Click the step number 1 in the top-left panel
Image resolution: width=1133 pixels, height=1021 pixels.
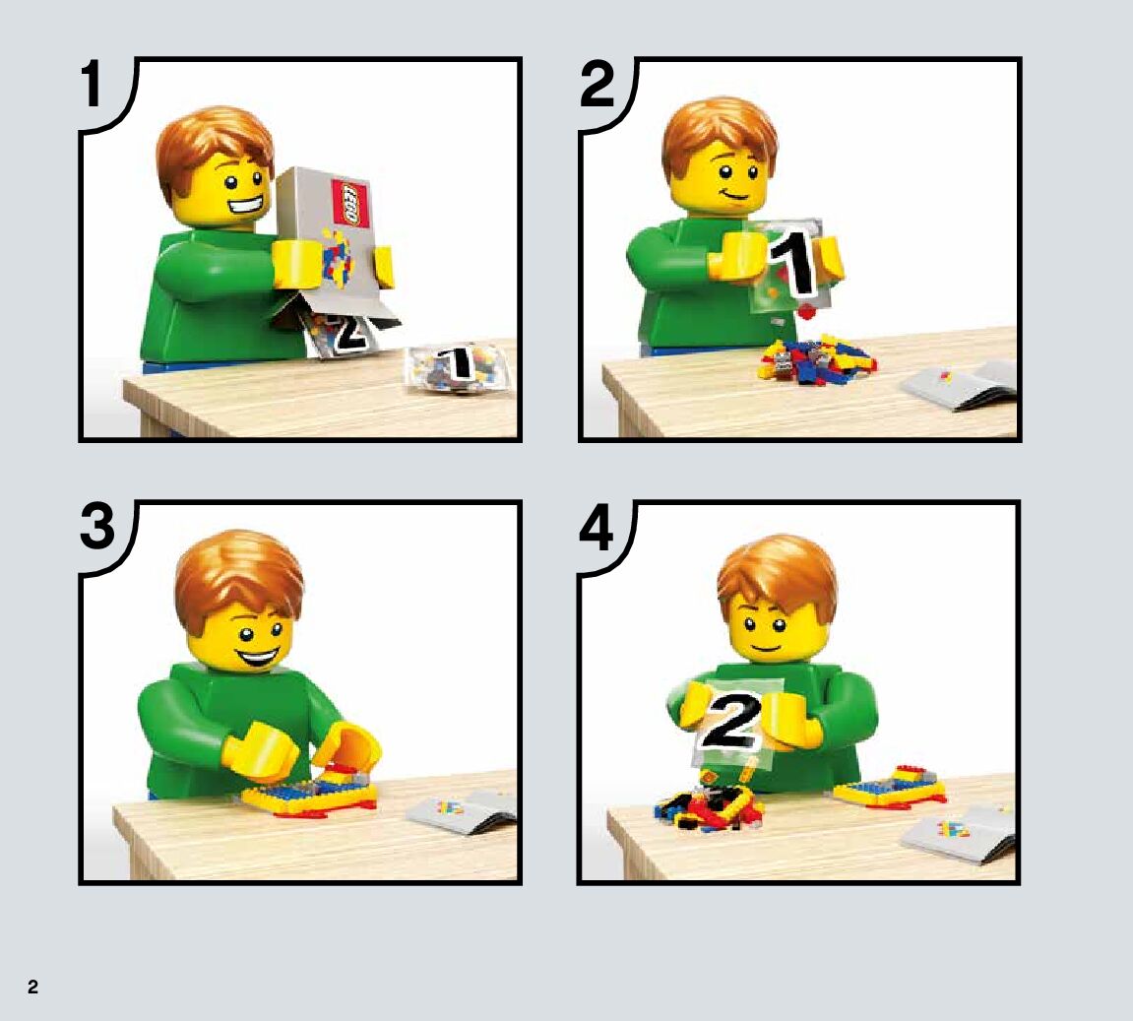(x=92, y=84)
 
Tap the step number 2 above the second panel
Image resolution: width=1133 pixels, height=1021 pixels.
(x=597, y=84)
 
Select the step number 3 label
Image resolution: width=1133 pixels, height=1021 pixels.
(x=96, y=526)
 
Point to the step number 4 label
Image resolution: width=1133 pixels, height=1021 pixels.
(x=597, y=526)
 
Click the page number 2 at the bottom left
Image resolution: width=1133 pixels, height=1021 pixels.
(x=32, y=988)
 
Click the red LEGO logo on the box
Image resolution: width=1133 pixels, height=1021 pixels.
(x=350, y=203)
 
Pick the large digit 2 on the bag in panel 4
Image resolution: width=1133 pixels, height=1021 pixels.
(x=730, y=720)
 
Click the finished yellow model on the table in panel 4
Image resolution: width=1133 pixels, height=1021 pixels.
(x=890, y=788)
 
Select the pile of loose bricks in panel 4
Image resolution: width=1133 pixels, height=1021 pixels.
(x=711, y=804)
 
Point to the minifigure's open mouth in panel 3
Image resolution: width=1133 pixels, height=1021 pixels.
(x=257, y=659)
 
